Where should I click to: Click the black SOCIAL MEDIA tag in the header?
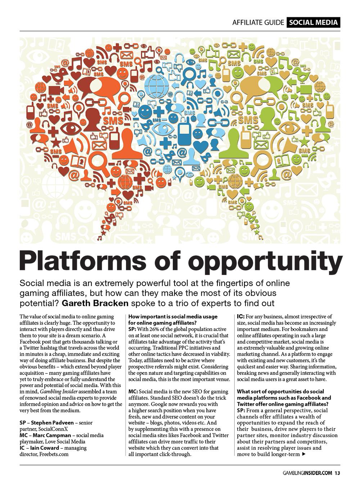pyautogui.click(x=313, y=23)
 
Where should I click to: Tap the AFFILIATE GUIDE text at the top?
pyautogui.click(x=258, y=23)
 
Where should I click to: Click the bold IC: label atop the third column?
pyautogui.click(x=241, y=317)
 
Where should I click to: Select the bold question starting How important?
pyautogui.click(x=173, y=320)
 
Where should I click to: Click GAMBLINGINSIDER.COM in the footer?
pyautogui.click(x=307, y=473)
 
